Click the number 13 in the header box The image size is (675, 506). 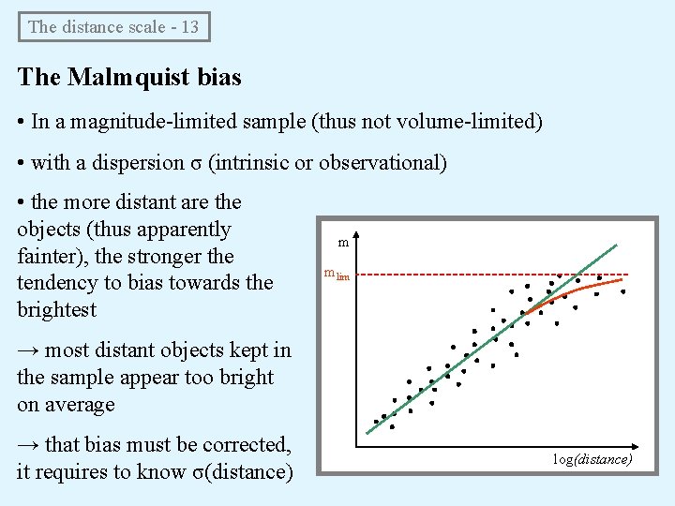[x=189, y=27]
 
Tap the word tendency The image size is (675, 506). [x=55, y=282]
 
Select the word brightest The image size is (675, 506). [x=55, y=309]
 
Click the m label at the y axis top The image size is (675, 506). [x=343, y=244]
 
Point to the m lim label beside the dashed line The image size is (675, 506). [x=336, y=275]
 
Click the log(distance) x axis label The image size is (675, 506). [x=592, y=459]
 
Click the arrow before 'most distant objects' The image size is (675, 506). [x=28, y=350]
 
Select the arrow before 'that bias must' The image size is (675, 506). [x=28, y=445]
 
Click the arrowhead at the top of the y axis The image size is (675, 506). [x=359, y=237]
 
